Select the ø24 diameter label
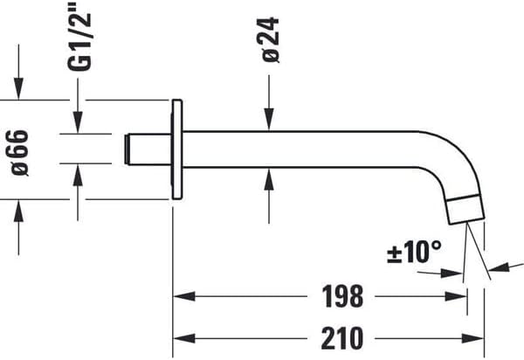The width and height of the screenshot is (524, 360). [270, 39]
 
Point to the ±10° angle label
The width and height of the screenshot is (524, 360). [415, 253]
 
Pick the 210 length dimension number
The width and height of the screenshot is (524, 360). [336, 336]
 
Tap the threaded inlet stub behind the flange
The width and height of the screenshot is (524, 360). [149, 149]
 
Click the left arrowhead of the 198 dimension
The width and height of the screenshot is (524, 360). [180, 297]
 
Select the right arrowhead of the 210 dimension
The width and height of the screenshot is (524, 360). [478, 336]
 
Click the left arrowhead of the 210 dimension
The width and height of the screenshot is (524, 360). [180, 336]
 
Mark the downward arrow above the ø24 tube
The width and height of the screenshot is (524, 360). [269, 122]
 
